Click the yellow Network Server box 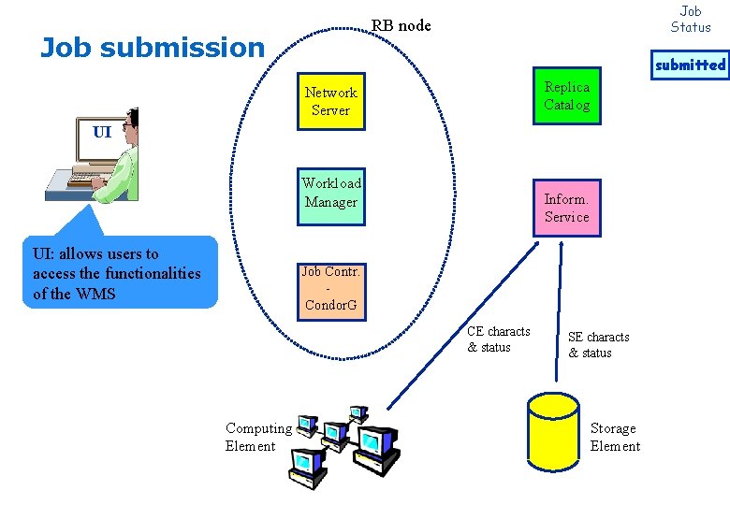point(331,101)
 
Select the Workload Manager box point(331,196)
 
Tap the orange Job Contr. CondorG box point(331,292)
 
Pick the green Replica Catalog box point(567,95)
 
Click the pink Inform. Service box point(567,209)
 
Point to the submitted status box point(690,65)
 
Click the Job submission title point(153,48)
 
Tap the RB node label point(401,25)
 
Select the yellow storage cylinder point(553,432)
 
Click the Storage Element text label point(615,437)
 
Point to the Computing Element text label point(258,437)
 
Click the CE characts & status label point(499,339)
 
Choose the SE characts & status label point(599,344)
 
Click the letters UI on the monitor point(102,132)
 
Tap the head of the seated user point(131,121)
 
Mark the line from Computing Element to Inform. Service point(462,325)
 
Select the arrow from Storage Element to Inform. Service point(559,311)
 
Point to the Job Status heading point(691,19)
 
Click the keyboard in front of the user point(88,179)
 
